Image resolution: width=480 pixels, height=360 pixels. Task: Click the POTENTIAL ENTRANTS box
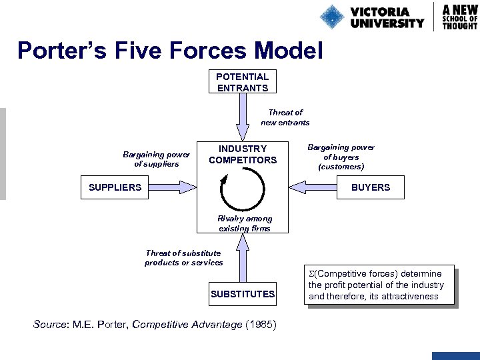(242, 82)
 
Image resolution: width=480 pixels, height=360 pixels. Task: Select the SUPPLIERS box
(115, 187)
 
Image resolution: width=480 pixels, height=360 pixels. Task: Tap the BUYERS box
(371, 187)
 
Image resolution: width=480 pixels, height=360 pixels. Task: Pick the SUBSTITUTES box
(243, 294)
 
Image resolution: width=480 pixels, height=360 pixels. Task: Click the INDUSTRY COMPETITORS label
(243, 154)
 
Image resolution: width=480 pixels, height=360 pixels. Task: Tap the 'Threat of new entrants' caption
(285, 117)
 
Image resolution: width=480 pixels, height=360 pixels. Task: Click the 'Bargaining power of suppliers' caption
(157, 159)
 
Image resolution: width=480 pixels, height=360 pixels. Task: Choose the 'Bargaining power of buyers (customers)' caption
(341, 157)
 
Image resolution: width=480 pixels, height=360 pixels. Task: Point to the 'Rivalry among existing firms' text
(245, 223)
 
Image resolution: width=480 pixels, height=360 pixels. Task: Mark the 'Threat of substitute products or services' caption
(183, 257)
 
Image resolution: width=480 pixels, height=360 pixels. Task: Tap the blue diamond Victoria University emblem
(331, 16)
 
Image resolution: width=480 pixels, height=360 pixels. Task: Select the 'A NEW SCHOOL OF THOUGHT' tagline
(460, 16)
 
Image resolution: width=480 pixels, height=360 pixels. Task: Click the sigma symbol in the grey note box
(311, 274)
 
